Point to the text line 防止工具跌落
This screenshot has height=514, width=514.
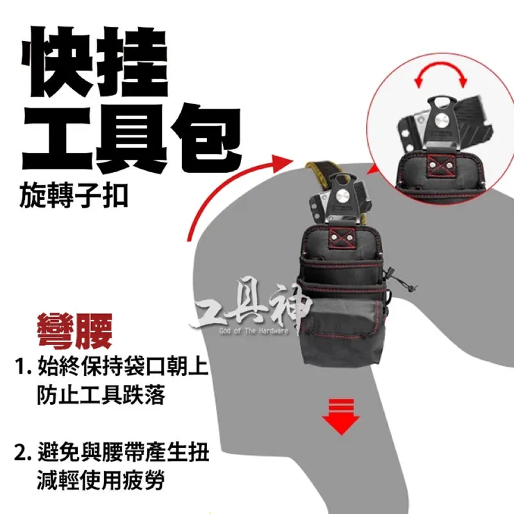click(x=102, y=396)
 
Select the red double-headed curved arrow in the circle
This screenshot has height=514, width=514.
click(x=440, y=74)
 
